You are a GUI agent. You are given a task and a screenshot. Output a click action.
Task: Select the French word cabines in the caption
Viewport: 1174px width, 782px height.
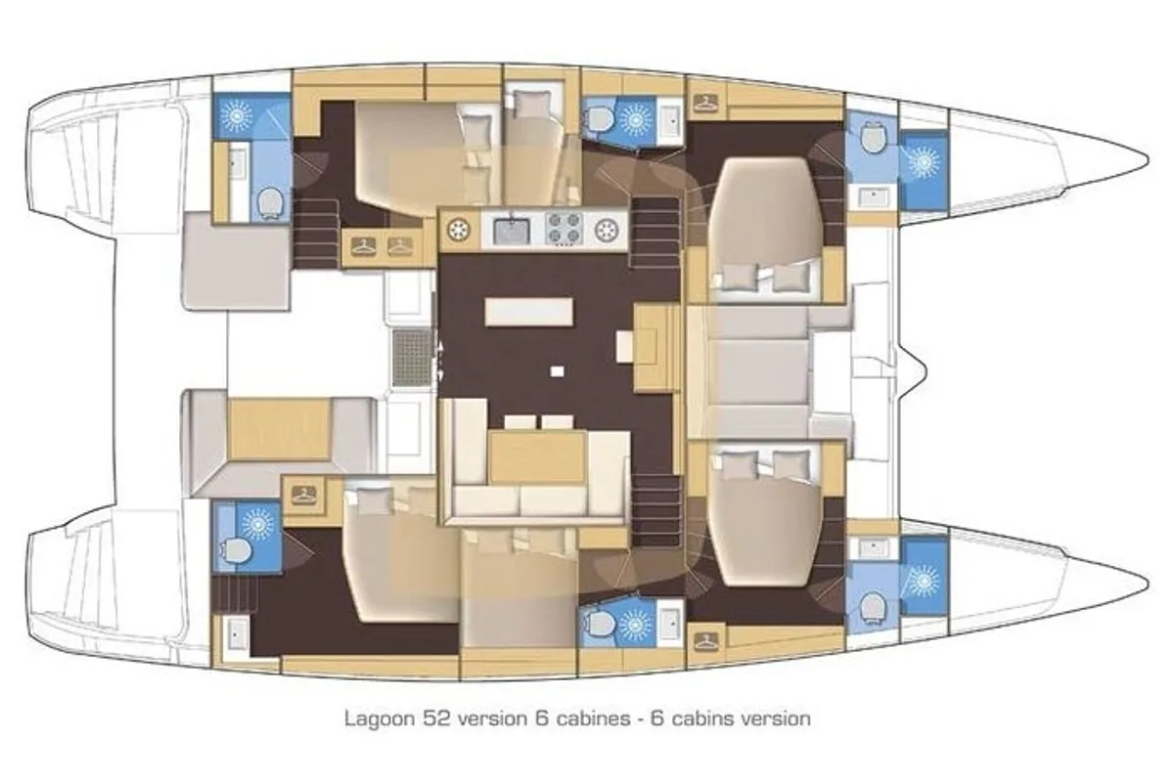(x=593, y=718)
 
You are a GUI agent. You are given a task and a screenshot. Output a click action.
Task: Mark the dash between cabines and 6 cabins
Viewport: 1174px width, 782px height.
(x=641, y=719)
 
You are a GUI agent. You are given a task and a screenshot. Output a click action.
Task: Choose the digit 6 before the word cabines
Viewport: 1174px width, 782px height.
(x=541, y=718)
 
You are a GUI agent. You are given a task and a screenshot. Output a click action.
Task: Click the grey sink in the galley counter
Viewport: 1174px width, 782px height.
(x=513, y=230)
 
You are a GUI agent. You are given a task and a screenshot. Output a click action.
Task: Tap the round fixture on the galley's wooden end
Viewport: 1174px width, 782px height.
(x=460, y=230)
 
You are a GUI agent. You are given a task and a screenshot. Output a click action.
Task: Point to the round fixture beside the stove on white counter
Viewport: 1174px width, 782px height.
(x=607, y=229)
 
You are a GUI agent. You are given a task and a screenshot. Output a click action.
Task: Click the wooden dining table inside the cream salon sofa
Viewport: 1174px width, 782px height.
(x=538, y=456)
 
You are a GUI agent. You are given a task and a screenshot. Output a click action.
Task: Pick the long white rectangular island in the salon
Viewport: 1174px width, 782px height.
(x=529, y=312)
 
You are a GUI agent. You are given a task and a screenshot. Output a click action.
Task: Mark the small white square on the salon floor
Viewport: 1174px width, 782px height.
(x=557, y=371)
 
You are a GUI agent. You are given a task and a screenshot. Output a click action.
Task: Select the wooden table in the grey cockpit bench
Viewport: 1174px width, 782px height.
(x=280, y=428)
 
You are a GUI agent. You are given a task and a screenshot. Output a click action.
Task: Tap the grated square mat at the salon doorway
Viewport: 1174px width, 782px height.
(x=413, y=358)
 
